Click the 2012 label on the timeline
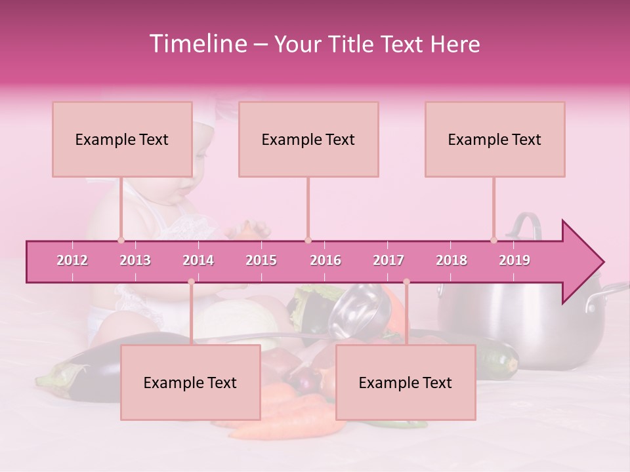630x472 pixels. point(72,260)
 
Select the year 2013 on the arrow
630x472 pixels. point(135,260)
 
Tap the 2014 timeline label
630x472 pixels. point(198,260)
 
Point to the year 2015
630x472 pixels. point(261,260)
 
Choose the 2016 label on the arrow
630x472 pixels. point(325,260)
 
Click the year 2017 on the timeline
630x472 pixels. point(388,260)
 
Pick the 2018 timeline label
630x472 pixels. point(451,260)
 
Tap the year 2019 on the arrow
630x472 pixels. point(514,260)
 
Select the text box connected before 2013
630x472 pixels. point(122,139)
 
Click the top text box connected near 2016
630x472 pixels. point(308,139)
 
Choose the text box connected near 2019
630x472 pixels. point(495,139)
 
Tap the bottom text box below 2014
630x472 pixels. point(190,382)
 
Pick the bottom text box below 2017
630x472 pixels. point(406,382)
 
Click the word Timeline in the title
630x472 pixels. point(196,44)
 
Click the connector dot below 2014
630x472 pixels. point(191,282)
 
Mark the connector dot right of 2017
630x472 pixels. point(406,282)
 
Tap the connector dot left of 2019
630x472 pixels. point(494,241)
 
